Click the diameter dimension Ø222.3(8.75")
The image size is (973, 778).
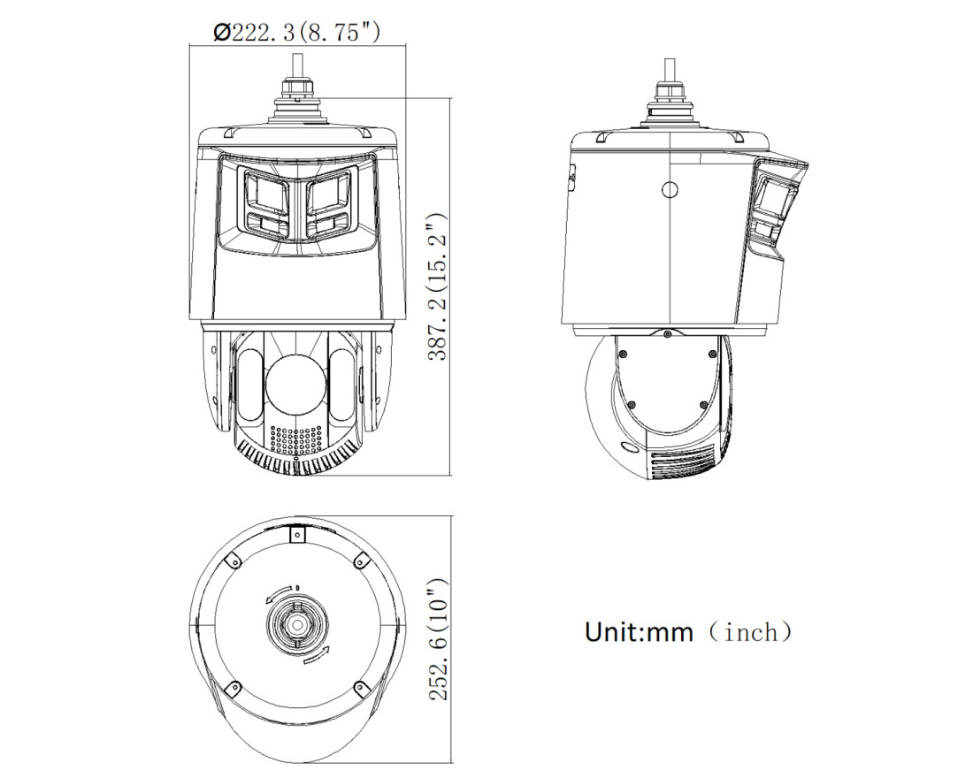[297, 33]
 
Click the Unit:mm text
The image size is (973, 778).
[640, 632]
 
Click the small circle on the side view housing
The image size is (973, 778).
[670, 189]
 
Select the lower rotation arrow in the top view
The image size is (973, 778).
[317, 655]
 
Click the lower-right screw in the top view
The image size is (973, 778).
[359, 687]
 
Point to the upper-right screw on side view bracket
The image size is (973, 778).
[712, 354]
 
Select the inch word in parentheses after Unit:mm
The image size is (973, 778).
[750, 632]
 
